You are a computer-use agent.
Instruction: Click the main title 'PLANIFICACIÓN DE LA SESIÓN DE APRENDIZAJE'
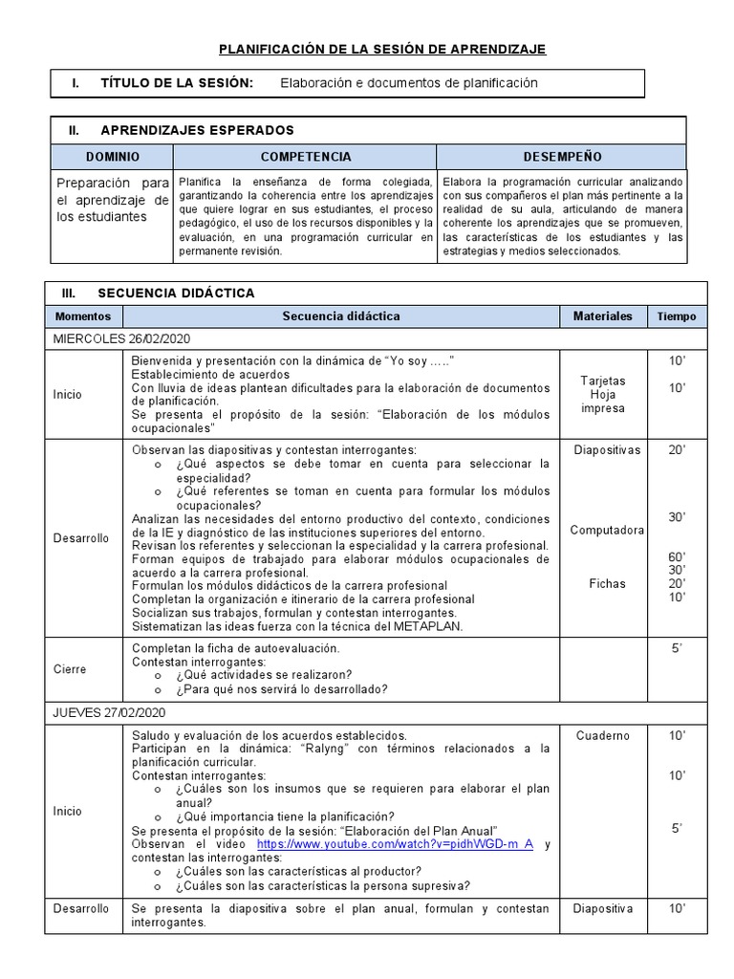point(382,49)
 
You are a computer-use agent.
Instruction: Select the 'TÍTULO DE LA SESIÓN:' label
point(177,83)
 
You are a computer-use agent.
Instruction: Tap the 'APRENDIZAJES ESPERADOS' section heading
point(197,130)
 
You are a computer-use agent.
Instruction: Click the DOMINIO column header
point(112,157)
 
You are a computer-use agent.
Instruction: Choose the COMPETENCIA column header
point(305,157)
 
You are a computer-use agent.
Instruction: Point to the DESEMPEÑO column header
point(562,157)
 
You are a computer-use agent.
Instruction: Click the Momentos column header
point(83,316)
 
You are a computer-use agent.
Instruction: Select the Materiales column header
point(602,316)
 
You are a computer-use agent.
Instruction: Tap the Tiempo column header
point(677,316)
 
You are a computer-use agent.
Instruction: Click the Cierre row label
point(69,669)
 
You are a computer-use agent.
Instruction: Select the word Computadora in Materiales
point(607,530)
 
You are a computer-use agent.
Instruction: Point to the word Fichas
point(607,583)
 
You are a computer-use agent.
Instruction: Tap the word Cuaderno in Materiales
point(603,735)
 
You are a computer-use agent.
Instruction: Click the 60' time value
point(677,556)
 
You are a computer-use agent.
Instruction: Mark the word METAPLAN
point(431,626)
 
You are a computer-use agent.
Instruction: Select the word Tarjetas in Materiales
point(603,381)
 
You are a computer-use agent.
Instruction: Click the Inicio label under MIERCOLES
point(68,394)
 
